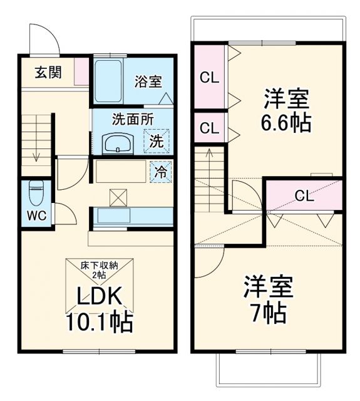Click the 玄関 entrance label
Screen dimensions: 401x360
point(48,73)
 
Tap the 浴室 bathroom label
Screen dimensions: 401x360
point(148,81)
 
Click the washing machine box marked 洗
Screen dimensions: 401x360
point(156,140)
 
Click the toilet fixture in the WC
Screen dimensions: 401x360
point(36,190)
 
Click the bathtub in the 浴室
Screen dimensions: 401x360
point(109,81)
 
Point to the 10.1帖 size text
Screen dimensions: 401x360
point(99,322)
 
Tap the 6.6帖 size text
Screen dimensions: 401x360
point(286,122)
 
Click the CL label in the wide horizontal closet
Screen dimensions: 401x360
point(304,195)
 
